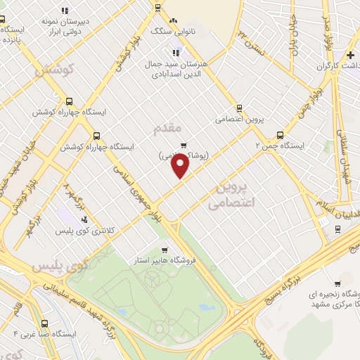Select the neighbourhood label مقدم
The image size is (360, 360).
167,127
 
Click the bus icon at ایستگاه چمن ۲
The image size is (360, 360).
280,135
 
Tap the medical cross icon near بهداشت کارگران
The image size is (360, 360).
350,55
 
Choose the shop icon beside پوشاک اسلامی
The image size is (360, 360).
184,146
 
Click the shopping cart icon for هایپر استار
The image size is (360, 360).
164,250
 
